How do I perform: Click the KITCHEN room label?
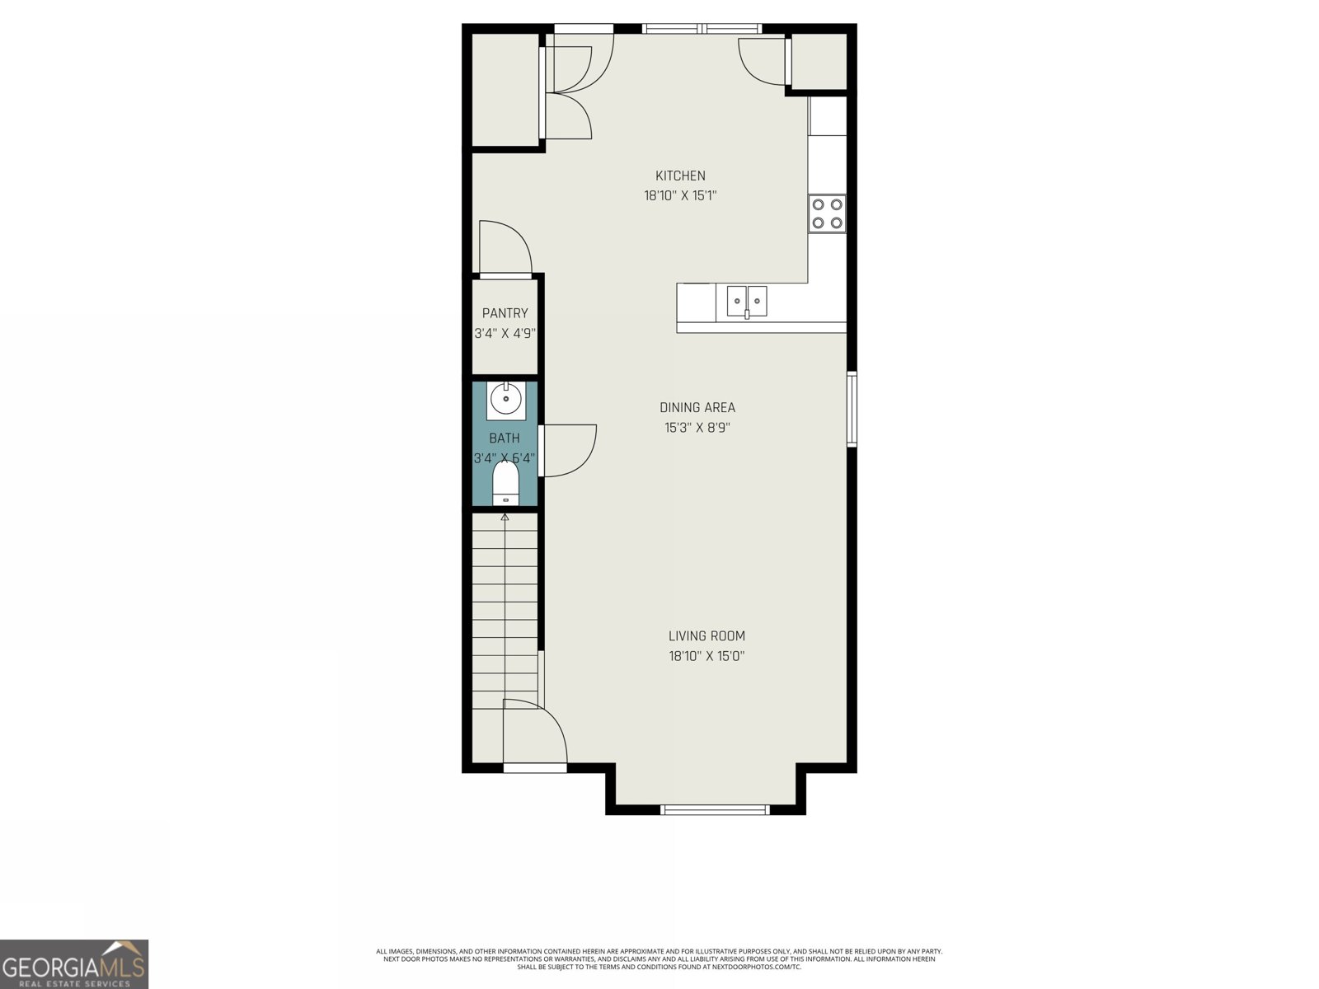pos(680,176)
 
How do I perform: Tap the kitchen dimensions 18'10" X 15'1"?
pos(680,196)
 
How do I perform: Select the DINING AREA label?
pos(697,407)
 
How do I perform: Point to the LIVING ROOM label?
pos(706,635)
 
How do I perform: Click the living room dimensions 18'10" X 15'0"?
pos(706,656)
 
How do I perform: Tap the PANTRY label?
pos(505,313)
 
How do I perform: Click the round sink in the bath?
pos(504,400)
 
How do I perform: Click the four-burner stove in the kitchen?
pos(827,213)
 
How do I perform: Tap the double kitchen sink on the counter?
pos(747,301)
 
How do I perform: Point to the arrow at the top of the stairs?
pos(505,517)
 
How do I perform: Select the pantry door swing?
pos(504,247)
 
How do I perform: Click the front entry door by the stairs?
pos(534,734)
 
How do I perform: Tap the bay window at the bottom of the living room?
pos(715,809)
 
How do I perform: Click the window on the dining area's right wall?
pos(852,409)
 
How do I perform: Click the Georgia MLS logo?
pos(74,964)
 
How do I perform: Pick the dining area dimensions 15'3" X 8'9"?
pos(697,428)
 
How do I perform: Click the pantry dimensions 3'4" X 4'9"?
pos(505,334)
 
